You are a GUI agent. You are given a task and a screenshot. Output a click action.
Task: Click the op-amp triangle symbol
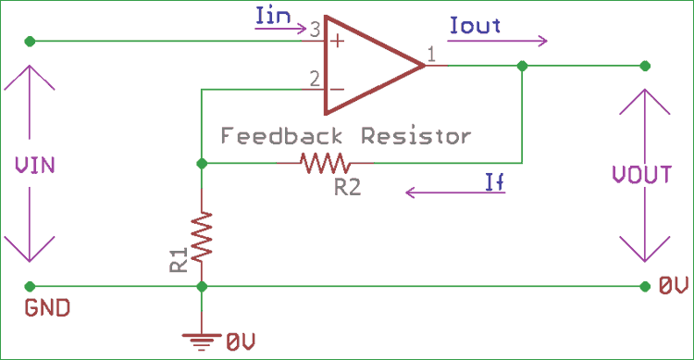tap(370, 65)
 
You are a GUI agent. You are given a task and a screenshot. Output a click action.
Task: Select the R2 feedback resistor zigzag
tap(323, 164)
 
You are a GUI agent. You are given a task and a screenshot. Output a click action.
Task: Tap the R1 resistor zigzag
tap(201, 237)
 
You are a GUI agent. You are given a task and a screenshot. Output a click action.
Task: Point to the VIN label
tap(35, 166)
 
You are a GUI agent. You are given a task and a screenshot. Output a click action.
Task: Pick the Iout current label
tap(474, 26)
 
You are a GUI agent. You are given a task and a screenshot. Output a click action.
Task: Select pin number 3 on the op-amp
tap(315, 31)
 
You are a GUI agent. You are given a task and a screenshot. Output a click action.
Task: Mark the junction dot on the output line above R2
tap(523, 66)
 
